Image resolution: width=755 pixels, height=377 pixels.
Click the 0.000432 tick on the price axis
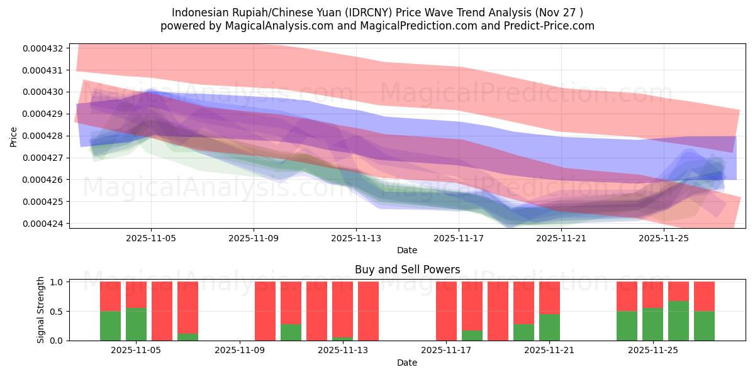click(x=42, y=48)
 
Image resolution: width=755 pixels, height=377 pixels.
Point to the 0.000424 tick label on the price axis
click(x=42, y=224)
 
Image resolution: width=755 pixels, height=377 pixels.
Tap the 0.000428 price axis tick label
click(x=42, y=136)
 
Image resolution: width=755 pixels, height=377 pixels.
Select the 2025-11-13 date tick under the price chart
click(x=356, y=238)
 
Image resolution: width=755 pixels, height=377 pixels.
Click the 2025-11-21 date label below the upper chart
click(x=561, y=238)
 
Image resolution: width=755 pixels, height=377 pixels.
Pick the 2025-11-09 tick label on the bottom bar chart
click(x=240, y=351)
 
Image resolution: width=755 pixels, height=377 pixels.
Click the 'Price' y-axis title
click(x=14, y=136)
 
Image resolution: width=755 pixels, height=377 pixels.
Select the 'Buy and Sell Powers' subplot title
click(x=407, y=270)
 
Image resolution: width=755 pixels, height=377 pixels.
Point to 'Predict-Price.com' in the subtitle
click(x=546, y=26)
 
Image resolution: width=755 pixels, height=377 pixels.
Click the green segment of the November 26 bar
click(x=678, y=320)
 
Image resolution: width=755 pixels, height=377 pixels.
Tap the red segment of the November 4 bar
click(x=110, y=296)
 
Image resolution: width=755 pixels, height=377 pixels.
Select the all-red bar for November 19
click(x=498, y=311)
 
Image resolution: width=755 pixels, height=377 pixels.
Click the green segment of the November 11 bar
click(x=291, y=332)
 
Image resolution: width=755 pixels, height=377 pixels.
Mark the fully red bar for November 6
click(x=162, y=311)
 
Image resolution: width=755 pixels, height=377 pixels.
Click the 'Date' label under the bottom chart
click(x=406, y=363)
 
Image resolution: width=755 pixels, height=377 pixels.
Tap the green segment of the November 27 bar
click(x=704, y=325)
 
